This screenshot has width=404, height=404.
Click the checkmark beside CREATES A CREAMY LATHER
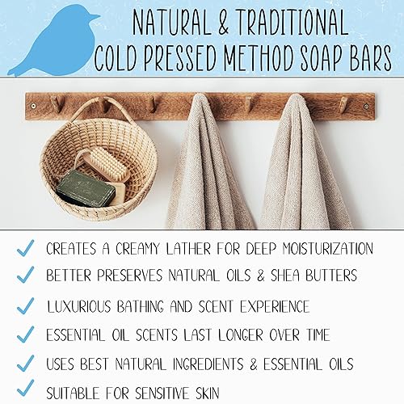24,247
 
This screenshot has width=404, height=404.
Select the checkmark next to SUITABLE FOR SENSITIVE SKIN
24,390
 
